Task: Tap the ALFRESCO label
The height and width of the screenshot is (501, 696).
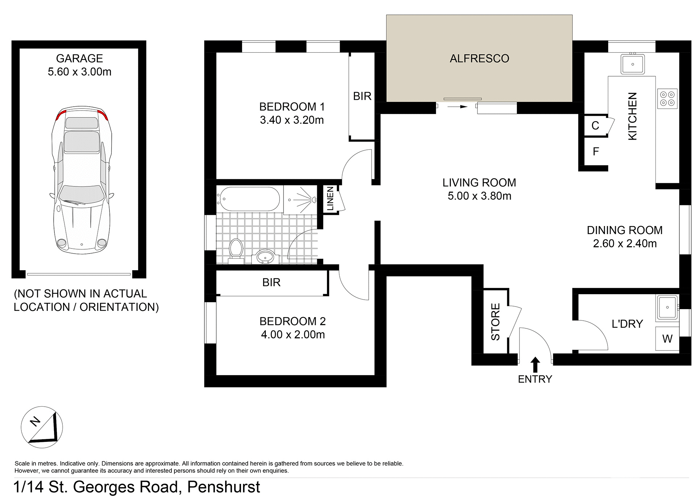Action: click(x=479, y=58)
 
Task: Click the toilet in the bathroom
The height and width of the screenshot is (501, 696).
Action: click(x=236, y=250)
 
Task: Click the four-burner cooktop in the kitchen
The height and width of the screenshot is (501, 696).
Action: click(x=667, y=98)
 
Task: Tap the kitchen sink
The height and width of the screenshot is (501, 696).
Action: click(x=633, y=64)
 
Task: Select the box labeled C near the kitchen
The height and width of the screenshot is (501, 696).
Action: click(x=595, y=126)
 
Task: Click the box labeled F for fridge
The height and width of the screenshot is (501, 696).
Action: click(x=596, y=152)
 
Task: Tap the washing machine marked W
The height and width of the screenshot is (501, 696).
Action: click(x=667, y=339)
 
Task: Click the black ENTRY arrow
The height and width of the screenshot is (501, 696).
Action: click(x=535, y=364)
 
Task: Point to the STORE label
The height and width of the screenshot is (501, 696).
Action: click(x=496, y=321)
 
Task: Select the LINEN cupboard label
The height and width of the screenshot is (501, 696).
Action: click(x=330, y=199)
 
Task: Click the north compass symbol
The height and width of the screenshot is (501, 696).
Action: click(x=42, y=427)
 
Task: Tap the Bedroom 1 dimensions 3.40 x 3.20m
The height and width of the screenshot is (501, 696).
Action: click(x=292, y=120)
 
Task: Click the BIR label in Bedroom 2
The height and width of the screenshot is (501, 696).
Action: click(x=271, y=282)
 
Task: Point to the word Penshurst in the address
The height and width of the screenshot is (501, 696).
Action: click(x=224, y=487)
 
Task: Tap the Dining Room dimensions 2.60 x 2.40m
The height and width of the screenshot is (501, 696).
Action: click(x=625, y=243)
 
